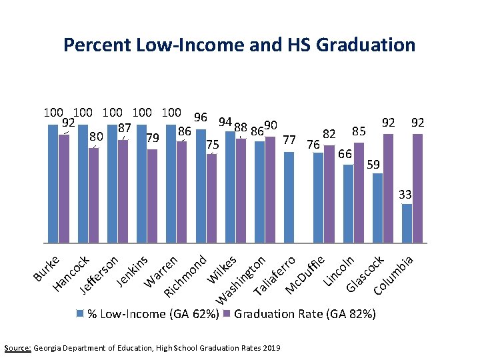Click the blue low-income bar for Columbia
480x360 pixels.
click(x=407, y=223)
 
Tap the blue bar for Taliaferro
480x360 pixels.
click(x=289, y=197)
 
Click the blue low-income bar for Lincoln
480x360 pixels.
click(x=348, y=203)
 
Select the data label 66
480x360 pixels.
click(x=345, y=154)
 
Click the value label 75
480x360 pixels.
click(x=213, y=145)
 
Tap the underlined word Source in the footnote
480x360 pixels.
click(x=17, y=348)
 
